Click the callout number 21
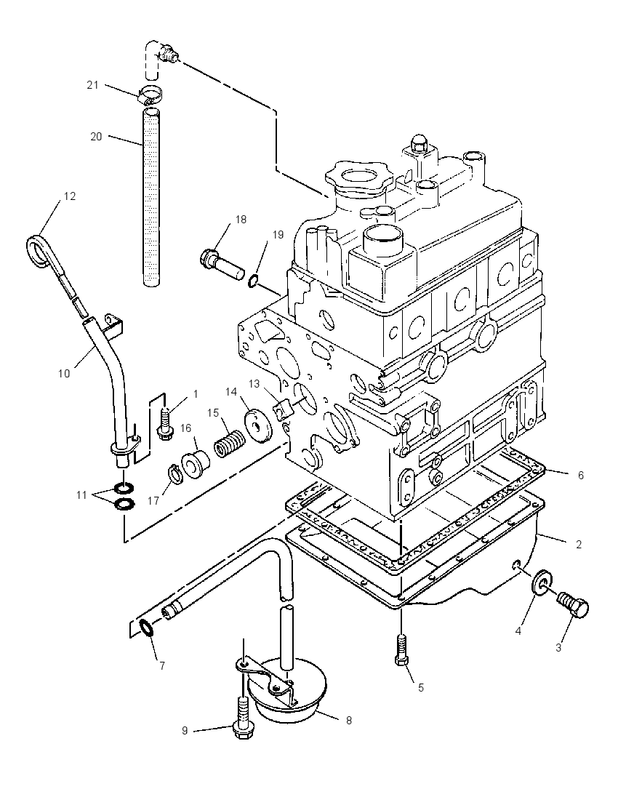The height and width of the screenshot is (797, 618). [x=92, y=85]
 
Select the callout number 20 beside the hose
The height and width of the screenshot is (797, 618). [x=96, y=137]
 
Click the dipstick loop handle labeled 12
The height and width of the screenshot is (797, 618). [x=37, y=250]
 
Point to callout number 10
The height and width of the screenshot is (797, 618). [x=64, y=374]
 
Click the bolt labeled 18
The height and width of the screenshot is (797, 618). [x=223, y=263]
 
